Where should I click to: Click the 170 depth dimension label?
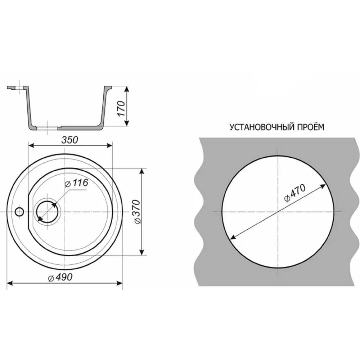pos(121,108)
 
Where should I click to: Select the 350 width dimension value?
pos(70,140)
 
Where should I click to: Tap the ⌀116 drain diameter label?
pos(76,183)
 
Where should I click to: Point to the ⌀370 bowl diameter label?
pos(137,212)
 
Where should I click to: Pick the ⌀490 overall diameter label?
pos(60,278)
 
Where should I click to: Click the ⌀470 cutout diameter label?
pos(295,193)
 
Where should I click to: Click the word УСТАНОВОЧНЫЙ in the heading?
pos(261,127)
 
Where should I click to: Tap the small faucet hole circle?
pos(19,211)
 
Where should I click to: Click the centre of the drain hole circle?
pos(48,211)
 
